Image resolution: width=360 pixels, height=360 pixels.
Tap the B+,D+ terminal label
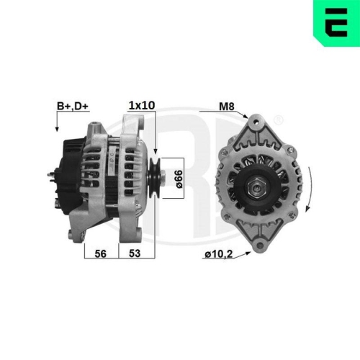[x=72, y=107]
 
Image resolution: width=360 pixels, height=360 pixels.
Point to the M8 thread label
[x=228, y=107]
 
